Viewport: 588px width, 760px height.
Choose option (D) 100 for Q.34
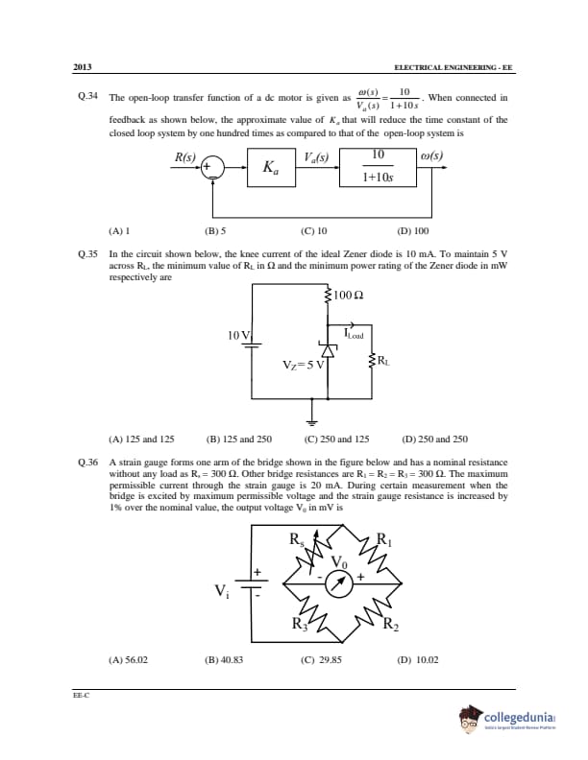413,230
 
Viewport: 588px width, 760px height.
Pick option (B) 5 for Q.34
215,230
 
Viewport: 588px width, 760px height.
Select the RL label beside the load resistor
383,361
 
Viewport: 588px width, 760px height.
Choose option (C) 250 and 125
336,439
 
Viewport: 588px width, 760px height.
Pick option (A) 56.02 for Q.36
129,660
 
